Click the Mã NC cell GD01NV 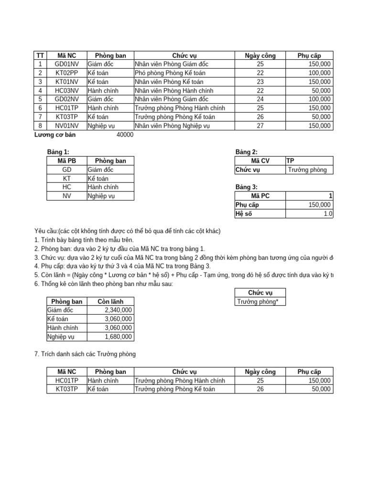coord(63,64)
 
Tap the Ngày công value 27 coord(260,126)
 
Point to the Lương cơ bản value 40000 coord(125,135)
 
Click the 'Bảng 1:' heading coord(58,152)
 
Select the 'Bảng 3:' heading coord(246,187)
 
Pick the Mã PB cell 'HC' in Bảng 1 coord(66,187)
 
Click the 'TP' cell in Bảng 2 coord(290,161)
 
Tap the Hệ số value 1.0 coord(328,214)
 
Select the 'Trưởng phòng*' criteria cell coord(258,301)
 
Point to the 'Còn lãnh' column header coord(110,301)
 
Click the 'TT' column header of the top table coord(40,55)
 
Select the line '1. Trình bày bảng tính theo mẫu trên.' coord(84,240)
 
